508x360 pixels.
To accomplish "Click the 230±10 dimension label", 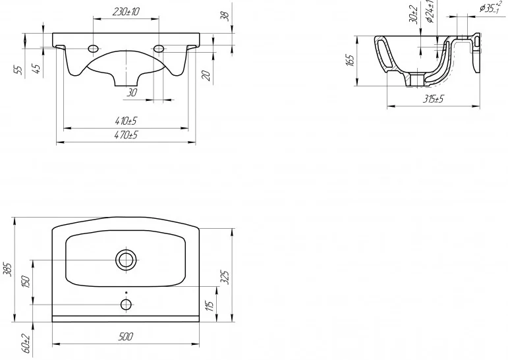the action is pyautogui.click(x=126, y=12).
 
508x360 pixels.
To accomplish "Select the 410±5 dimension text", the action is pyautogui.click(x=126, y=121).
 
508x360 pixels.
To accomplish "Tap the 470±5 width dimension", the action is pyautogui.click(x=126, y=135).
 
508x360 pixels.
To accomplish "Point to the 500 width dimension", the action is pyautogui.click(x=126, y=337).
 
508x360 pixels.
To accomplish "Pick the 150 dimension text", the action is pyautogui.click(x=26, y=282).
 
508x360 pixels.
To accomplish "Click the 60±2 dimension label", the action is pyautogui.click(x=26, y=344).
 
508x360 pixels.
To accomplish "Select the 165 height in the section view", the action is pyautogui.click(x=351, y=61).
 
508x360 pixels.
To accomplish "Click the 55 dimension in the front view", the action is pyautogui.click(x=20, y=69).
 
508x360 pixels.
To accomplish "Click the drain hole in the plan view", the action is pyautogui.click(x=126, y=260).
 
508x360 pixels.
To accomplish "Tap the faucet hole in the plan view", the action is pyautogui.click(x=126, y=304).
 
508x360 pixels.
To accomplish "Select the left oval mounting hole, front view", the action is pyautogui.click(x=93, y=49).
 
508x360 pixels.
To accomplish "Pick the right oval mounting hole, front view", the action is pyautogui.click(x=159, y=49).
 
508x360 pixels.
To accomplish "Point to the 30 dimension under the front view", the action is pyautogui.click(x=132, y=93).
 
